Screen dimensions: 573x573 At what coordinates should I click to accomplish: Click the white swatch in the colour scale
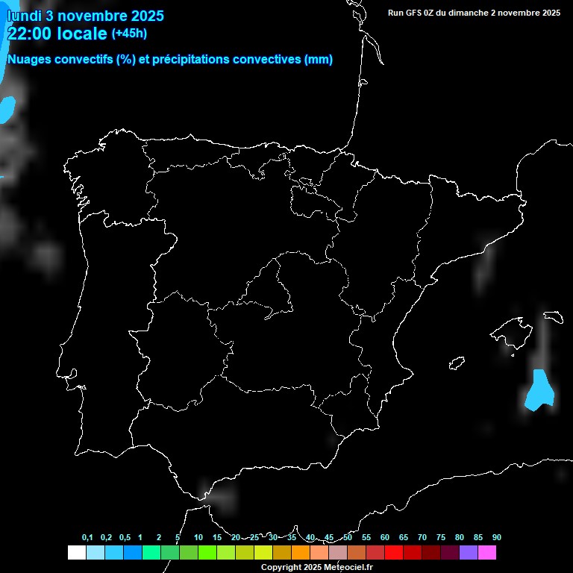click(76, 552)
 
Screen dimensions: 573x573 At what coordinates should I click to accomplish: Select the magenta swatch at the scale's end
click(487, 552)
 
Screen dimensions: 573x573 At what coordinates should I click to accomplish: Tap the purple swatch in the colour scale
click(469, 552)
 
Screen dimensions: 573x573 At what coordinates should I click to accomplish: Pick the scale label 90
click(496, 537)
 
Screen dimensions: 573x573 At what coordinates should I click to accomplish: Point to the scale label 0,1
click(87, 537)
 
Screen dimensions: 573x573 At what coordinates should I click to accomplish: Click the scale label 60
click(384, 537)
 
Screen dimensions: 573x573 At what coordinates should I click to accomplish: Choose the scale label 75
click(440, 537)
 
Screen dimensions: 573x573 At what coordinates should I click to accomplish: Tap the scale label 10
click(198, 537)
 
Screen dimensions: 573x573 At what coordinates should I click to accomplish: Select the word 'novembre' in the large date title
click(91, 16)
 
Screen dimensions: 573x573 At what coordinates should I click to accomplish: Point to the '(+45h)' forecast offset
click(129, 33)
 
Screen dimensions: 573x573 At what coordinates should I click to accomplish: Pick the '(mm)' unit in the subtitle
click(319, 60)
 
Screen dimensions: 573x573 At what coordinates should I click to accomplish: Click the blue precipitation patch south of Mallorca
click(539, 391)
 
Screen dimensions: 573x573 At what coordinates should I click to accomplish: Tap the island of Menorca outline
click(553, 316)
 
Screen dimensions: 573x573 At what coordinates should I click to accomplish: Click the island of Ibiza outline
click(457, 363)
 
